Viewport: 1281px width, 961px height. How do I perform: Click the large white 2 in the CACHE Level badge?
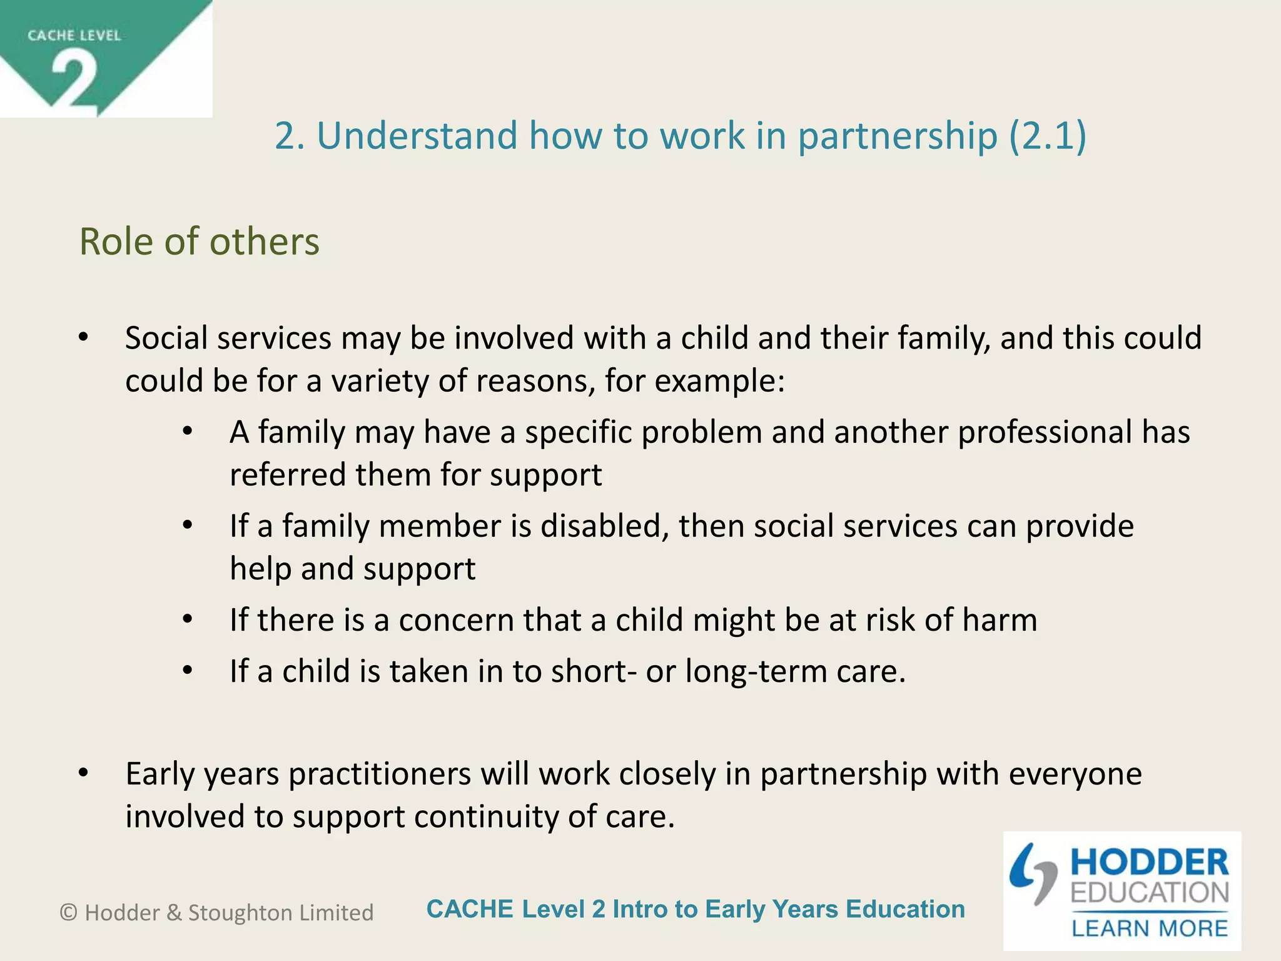74,80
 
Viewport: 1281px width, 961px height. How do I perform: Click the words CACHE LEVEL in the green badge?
74,36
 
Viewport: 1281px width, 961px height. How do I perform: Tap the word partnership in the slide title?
897,136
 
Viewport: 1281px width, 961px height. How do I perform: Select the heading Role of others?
199,242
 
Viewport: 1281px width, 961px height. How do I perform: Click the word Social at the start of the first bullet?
166,338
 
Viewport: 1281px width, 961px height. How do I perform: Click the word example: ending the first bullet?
719,381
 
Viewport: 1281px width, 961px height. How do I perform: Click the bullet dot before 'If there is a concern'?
188,619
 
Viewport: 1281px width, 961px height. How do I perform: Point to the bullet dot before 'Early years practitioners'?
83,774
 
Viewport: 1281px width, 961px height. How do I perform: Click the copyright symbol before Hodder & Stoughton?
68,913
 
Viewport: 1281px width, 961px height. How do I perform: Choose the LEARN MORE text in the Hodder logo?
1150,928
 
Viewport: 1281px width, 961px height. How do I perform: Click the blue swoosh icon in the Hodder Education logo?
1031,872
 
